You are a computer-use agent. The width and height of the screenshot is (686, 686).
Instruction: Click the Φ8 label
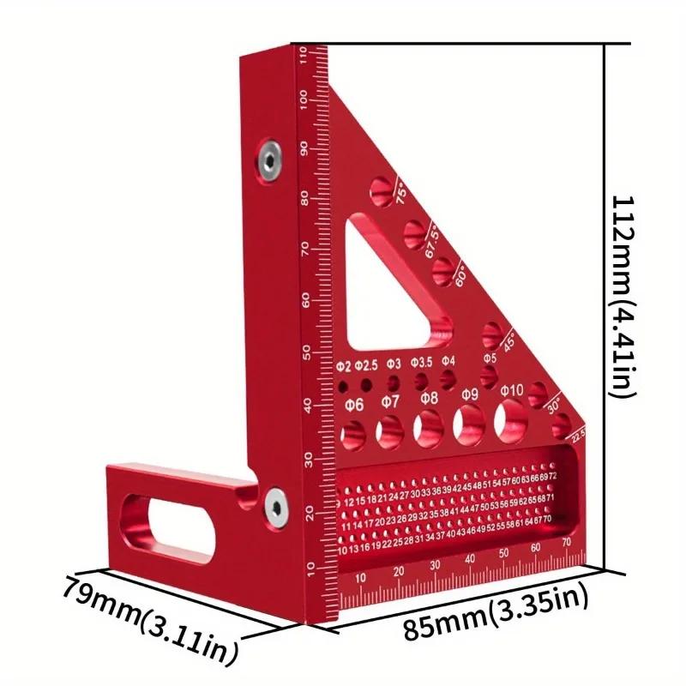pyautogui.click(x=430, y=398)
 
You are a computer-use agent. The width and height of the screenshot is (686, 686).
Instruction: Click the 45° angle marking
pyautogui.click(x=508, y=340)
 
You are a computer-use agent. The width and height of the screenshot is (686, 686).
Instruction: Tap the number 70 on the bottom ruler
pyautogui.click(x=567, y=543)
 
